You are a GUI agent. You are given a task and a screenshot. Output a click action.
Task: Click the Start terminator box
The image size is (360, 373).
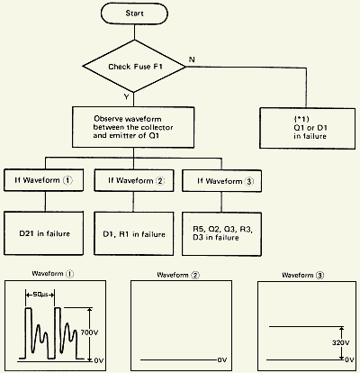click(134, 14)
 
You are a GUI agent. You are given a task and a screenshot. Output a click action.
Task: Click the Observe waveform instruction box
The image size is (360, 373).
click(134, 129)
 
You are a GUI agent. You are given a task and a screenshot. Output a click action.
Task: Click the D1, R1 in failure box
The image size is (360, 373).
click(133, 233)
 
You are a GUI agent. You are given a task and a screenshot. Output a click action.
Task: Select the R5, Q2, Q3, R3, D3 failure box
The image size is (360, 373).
click(220, 233)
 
